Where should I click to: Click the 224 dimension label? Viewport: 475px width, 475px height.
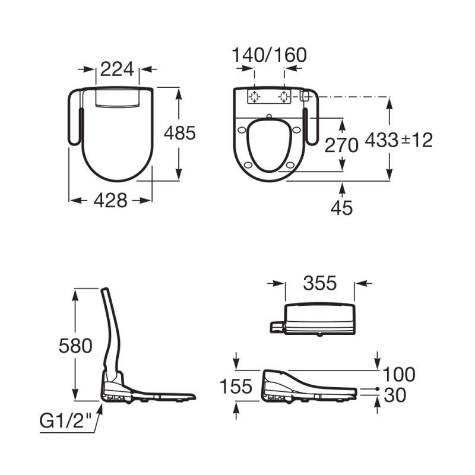point(117,69)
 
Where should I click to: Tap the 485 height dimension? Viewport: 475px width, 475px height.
point(180,133)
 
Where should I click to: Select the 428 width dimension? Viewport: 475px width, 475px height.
point(110,201)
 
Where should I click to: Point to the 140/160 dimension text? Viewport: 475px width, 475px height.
point(269,55)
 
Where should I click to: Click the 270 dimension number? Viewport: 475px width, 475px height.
point(341,145)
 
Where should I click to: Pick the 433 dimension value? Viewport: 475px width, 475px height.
point(381,140)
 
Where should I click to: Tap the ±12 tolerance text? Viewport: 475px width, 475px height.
point(417,141)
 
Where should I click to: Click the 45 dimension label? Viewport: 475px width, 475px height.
point(342,208)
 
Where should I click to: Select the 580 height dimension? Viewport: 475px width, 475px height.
point(75,346)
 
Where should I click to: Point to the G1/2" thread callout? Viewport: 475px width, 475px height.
point(66,421)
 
